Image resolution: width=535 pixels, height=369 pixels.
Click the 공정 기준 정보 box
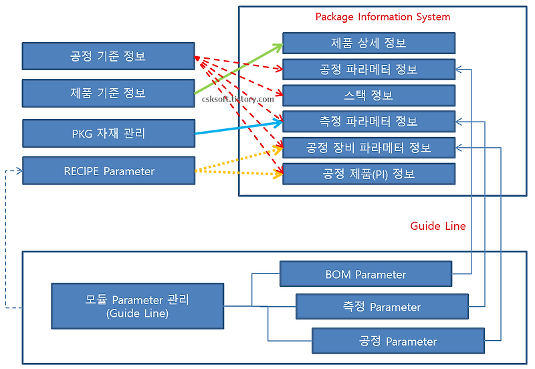point(108,56)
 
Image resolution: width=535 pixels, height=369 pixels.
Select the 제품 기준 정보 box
point(108,93)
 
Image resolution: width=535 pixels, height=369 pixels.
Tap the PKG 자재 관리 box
point(108,133)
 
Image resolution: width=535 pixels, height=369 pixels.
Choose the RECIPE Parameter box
point(108,171)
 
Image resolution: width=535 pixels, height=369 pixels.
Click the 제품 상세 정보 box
point(368,43)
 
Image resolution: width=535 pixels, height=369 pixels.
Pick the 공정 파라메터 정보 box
point(368,70)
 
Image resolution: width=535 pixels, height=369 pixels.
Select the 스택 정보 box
point(368,96)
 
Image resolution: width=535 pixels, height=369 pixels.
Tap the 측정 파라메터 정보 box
point(368,122)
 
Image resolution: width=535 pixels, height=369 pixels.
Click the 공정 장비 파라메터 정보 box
point(368,148)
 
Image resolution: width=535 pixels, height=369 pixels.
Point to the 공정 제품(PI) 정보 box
point(368,174)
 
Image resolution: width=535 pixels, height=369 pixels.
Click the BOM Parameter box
point(366,274)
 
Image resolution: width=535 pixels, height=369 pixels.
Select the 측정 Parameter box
point(382,307)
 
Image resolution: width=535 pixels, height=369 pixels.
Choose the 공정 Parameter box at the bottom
point(398,341)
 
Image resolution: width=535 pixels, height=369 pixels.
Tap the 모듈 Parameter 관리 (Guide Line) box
point(137,306)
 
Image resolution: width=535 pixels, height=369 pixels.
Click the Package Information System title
point(383,17)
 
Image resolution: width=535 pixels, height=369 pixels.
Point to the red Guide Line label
point(438,226)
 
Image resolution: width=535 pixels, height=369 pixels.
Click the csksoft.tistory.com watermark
point(238,99)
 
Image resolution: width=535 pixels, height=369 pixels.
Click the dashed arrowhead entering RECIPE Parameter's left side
point(19,171)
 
